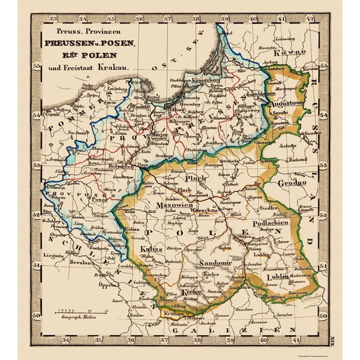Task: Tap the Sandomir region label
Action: point(212,264)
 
